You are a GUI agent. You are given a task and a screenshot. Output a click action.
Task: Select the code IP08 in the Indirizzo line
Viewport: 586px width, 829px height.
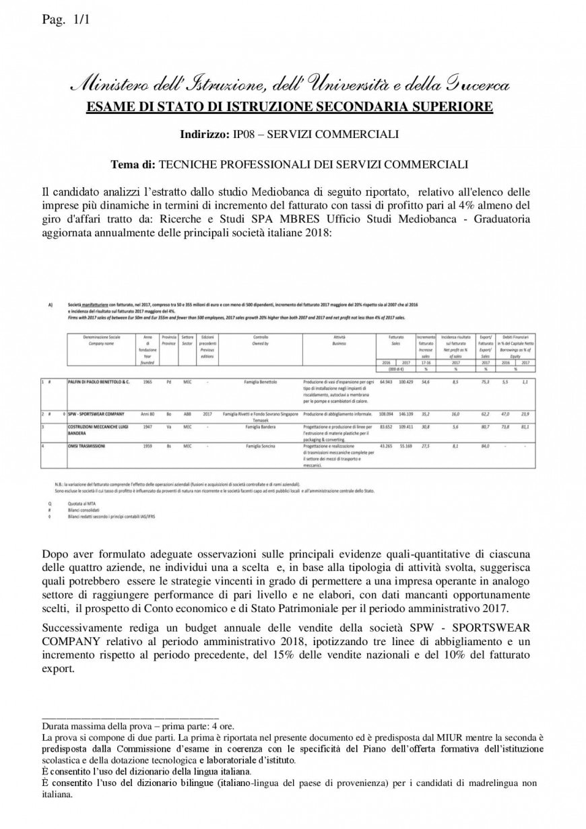click(x=242, y=135)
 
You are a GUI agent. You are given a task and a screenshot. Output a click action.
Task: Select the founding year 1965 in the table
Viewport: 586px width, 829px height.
click(x=147, y=382)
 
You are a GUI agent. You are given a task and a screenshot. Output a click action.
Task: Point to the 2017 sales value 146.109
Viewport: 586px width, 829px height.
click(x=405, y=413)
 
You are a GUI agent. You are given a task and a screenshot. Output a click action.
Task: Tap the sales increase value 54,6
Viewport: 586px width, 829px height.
click(x=425, y=382)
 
